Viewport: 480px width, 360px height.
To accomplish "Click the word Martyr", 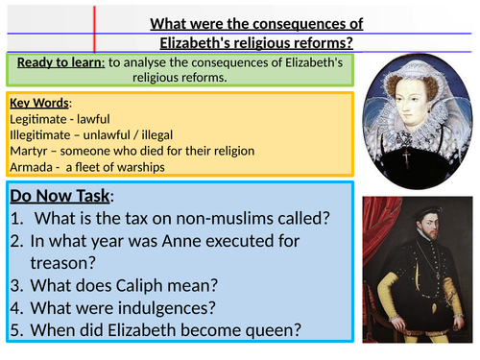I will click(29, 152).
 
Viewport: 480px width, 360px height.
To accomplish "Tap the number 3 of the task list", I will click(17, 292).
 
